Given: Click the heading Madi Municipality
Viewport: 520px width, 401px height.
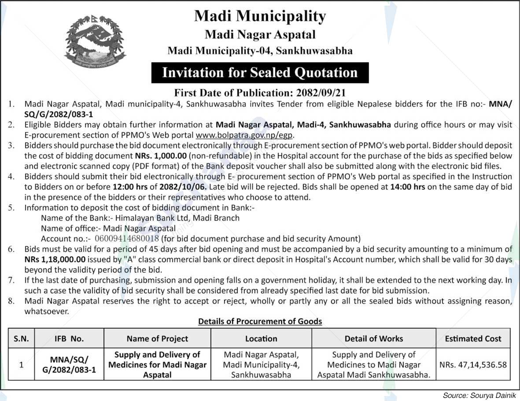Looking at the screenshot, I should (260, 16).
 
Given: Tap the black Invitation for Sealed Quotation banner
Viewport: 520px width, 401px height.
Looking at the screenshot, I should (260, 73).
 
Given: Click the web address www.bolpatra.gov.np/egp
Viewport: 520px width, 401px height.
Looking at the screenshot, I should (244, 135).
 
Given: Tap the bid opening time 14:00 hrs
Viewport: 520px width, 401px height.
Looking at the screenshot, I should (408, 187).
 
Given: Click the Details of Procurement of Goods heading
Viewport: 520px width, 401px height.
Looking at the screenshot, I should (260, 321).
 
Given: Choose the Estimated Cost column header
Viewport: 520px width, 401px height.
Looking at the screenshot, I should (473, 338).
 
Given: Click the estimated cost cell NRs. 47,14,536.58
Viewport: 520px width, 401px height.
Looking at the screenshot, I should (473, 365).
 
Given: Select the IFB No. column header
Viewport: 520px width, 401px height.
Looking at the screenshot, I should (69, 339).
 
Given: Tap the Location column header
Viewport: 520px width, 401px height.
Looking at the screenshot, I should (261, 338).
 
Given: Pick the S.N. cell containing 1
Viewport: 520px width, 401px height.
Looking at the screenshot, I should (21, 365).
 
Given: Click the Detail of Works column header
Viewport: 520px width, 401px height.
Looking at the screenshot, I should (373, 338).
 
